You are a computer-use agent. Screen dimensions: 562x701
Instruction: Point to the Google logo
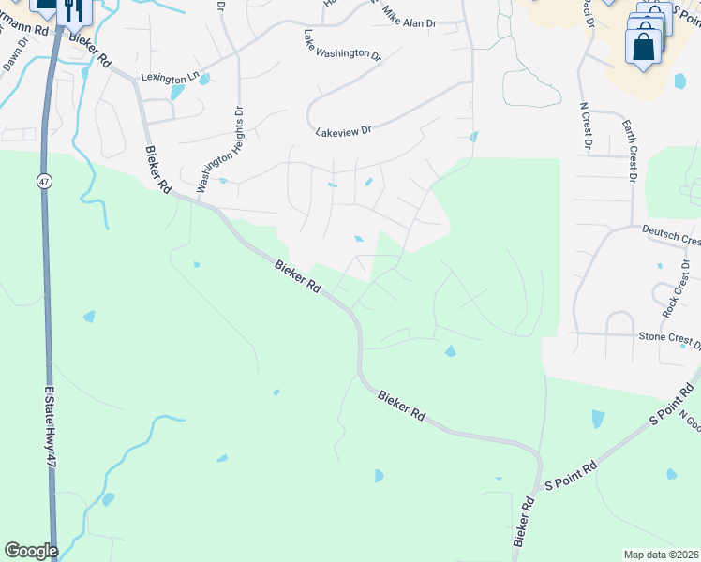31,551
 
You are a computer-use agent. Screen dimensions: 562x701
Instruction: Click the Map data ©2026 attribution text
661,554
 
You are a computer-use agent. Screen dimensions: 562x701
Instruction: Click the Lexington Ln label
171,78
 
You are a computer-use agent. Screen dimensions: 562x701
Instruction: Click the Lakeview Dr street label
344,131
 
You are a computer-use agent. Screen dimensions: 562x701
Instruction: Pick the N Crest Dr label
586,126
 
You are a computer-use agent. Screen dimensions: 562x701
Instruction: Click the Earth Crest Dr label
630,151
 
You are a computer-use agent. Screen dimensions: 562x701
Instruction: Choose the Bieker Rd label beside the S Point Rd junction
524,523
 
